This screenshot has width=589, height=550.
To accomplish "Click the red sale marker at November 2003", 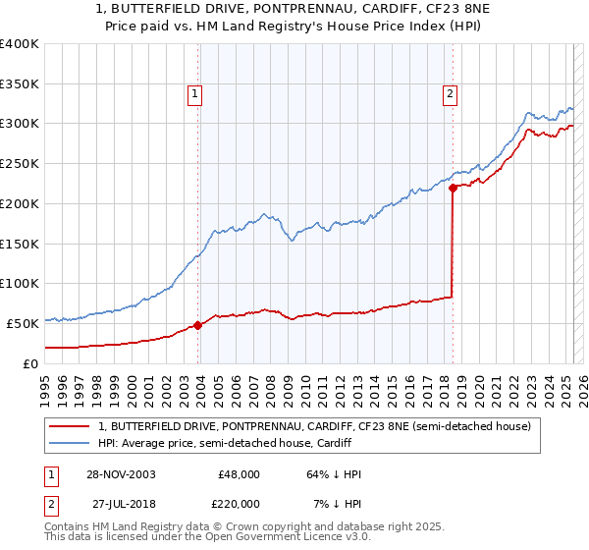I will (x=198, y=324).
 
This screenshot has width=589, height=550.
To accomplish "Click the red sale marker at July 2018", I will (x=453, y=188).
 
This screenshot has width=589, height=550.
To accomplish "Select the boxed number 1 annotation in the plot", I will (x=194, y=94).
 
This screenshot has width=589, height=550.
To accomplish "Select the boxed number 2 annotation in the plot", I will (x=449, y=94).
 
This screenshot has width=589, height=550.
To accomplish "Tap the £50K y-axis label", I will (x=23, y=323).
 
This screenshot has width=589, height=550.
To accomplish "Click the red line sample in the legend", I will (x=70, y=427).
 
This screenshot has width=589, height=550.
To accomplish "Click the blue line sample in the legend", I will (x=70, y=444).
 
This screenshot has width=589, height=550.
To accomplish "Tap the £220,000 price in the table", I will (x=239, y=504).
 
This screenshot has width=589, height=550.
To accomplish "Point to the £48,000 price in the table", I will (x=239, y=474).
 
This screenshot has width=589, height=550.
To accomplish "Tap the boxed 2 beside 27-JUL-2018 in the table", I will (x=51, y=504).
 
